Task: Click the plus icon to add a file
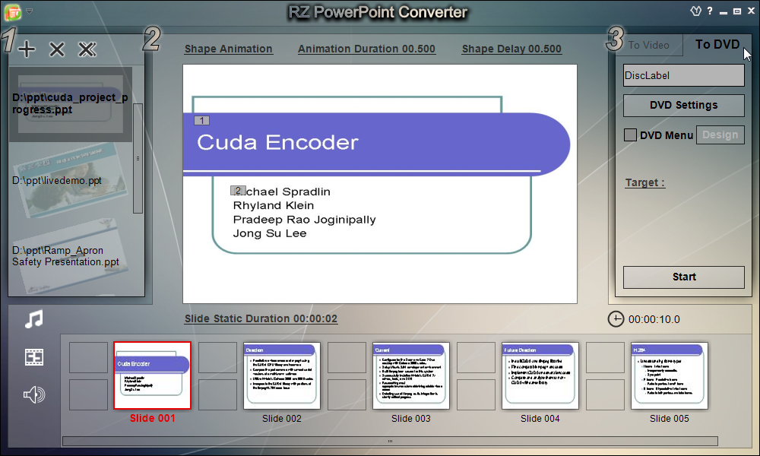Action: [x=27, y=50]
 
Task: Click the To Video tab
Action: [x=648, y=45]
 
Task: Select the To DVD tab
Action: [x=717, y=44]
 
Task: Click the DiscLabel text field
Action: [x=683, y=75]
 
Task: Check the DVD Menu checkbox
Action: [x=630, y=135]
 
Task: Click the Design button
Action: [x=720, y=135]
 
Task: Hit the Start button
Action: [x=683, y=277]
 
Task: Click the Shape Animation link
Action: [x=228, y=49]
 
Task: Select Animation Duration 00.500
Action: [x=366, y=49]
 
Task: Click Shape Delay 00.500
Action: [x=511, y=49]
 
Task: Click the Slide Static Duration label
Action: [x=261, y=318]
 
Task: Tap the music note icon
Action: [x=33, y=319]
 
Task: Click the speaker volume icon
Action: [x=33, y=394]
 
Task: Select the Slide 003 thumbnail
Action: [x=410, y=376]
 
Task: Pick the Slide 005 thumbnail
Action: [x=669, y=376]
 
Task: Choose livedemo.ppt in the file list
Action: [x=57, y=181]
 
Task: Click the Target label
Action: [x=644, y=182]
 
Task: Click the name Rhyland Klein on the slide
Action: [x=274, y=205]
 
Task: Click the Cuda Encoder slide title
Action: [x=277, y=142]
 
